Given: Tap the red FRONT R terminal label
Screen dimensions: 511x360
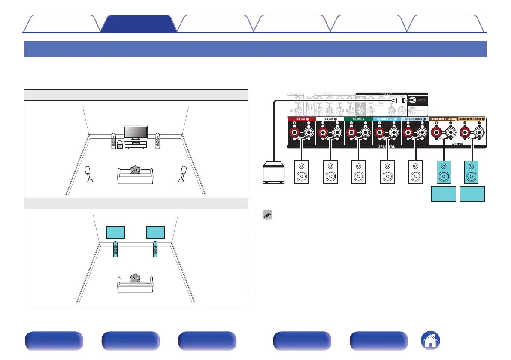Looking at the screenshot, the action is point(301,119).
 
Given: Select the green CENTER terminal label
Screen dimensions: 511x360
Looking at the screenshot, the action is point(358,119).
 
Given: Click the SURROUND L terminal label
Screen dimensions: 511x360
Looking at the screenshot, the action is point(415,119).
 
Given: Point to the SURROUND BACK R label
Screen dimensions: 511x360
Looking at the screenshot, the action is point(443,119).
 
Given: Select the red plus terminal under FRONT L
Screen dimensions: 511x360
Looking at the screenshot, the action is point(324,133).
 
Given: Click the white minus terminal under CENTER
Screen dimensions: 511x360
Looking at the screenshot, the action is point(366,133).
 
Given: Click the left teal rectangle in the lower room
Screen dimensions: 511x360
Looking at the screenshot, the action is point(116,232).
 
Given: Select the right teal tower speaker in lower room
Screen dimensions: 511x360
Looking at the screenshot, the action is point(155,250).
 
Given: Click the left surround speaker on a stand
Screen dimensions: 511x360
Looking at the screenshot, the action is point(89,174).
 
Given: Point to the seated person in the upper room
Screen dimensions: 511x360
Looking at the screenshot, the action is point(136,170).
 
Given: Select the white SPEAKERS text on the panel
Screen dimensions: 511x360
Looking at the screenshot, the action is point(387,146).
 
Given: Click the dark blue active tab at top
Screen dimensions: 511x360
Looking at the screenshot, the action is point(138,24).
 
